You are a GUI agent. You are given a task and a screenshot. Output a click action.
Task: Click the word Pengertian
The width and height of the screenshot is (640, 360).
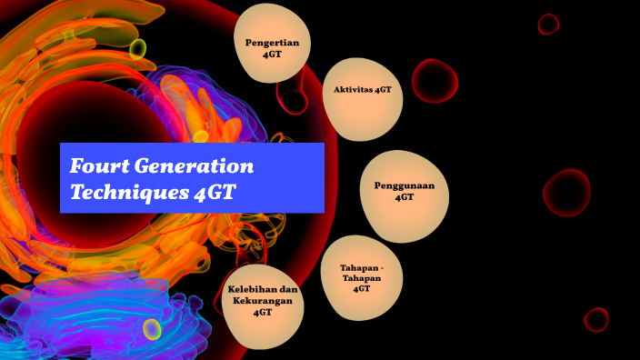273,42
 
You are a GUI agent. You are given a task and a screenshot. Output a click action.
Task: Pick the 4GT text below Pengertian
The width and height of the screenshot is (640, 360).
273,54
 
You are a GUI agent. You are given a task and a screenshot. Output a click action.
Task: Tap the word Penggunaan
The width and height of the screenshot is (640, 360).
405,185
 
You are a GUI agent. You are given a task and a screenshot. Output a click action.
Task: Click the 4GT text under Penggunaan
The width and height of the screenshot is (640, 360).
405,196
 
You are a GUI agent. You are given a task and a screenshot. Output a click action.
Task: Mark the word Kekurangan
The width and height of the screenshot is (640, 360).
263,301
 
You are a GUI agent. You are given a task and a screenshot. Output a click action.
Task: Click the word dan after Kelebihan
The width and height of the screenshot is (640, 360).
289,290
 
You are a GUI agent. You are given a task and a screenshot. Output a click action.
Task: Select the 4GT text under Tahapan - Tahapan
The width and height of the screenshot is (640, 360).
361,288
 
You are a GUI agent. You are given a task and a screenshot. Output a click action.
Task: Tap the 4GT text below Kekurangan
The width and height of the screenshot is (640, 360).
263,312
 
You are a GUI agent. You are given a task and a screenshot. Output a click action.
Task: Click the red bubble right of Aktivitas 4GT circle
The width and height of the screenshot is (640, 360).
435,80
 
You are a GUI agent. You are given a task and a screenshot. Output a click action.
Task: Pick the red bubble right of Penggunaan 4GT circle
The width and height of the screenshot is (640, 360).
566,193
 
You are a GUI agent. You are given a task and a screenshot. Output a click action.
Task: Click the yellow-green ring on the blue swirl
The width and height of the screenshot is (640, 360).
152,329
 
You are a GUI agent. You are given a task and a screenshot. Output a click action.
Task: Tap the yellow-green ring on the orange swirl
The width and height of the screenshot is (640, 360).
137,48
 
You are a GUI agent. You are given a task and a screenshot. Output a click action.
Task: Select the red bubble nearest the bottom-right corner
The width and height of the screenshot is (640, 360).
596,319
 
